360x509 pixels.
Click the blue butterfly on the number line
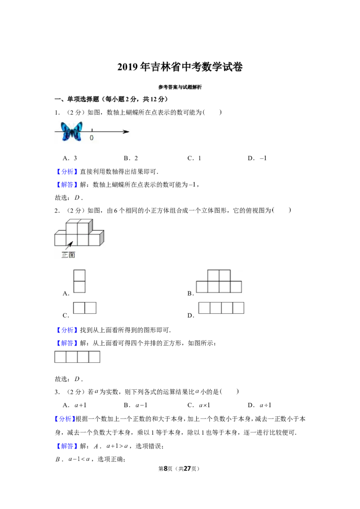[72, 131]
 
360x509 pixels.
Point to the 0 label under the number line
[92, 138]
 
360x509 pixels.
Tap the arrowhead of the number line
[126, 131]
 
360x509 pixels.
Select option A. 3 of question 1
[70, 158]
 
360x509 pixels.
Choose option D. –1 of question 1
[257, 158]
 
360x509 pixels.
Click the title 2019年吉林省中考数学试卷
[180, 67]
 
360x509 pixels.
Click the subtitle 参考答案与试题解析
[180, 87]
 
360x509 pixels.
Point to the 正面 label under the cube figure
[68, 255]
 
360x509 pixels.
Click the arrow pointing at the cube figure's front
[68, 246]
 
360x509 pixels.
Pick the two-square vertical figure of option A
[80, 281]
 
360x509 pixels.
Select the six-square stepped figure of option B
[219, 281]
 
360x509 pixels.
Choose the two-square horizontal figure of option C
[85, 308]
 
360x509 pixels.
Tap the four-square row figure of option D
[221, 308]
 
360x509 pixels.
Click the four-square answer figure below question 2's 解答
[77, 357]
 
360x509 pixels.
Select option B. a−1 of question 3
[136, 405]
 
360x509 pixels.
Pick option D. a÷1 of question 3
[260, 405]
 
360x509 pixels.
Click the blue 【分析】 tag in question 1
[67, 172]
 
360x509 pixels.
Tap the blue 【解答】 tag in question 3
[67, 446]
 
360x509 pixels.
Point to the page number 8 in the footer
[166, 469]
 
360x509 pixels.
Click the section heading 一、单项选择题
[76, 99]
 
